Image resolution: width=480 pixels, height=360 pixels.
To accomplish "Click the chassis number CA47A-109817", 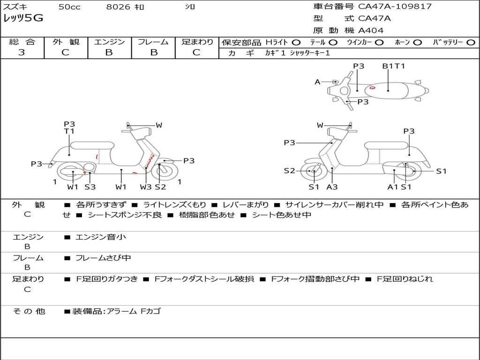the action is click(x=395, y=7).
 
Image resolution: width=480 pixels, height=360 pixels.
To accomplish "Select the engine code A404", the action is click(x=371, y=30).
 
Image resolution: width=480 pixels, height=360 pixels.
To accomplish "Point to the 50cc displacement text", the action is click(x=69, y=7).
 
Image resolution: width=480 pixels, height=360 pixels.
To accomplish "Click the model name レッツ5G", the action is click(x=23, y=18).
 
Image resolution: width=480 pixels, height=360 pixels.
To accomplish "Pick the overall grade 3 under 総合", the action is click(x=22, y=52).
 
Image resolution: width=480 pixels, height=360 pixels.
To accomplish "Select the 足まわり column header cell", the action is click(x=197, y=42).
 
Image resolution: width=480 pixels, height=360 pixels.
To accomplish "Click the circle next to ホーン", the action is click(x=418, y=42).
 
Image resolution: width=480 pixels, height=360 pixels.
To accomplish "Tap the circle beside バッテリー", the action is click(x=472, y=42).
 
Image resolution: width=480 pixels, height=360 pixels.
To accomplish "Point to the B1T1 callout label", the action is click(x=393, y=66).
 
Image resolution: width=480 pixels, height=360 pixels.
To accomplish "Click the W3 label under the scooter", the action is click(x=146, y=187).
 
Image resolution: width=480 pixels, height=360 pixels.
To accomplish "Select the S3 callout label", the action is click(x=90, y=187).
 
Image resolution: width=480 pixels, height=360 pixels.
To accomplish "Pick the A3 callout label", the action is click(x=332, y=187).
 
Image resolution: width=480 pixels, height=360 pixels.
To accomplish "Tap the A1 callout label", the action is click(x=393, y=187).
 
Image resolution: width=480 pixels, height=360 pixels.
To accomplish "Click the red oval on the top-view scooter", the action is click(x=372, y=87).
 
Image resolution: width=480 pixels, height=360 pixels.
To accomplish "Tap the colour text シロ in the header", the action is click(x=190, y=7).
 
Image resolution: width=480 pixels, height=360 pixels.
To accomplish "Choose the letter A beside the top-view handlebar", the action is click(x=317, y=82).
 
